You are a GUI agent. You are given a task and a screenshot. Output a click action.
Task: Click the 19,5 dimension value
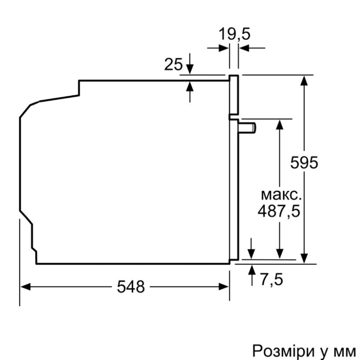[x=234, y=34]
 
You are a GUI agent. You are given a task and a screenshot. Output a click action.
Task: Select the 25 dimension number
[x=173, y=65]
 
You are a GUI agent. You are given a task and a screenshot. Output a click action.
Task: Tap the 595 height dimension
[x=304, y=162]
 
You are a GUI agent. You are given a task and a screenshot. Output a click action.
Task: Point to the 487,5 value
[x=279, y=211]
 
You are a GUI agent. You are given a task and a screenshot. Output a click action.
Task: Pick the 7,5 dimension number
[x=272, y=279]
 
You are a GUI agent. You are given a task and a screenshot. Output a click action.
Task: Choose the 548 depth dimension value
[x=131, y=287]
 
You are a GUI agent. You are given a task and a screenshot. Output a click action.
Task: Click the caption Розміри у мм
[x=304, y=350]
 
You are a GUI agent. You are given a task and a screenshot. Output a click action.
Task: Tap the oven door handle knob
[x=248, y=127]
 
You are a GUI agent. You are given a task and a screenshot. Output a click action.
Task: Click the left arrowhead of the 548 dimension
[x=24, y=287]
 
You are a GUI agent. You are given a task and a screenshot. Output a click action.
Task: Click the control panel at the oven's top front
[x=234, y=94]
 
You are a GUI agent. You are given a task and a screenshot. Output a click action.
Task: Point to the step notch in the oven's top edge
[x=79, y=88]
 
